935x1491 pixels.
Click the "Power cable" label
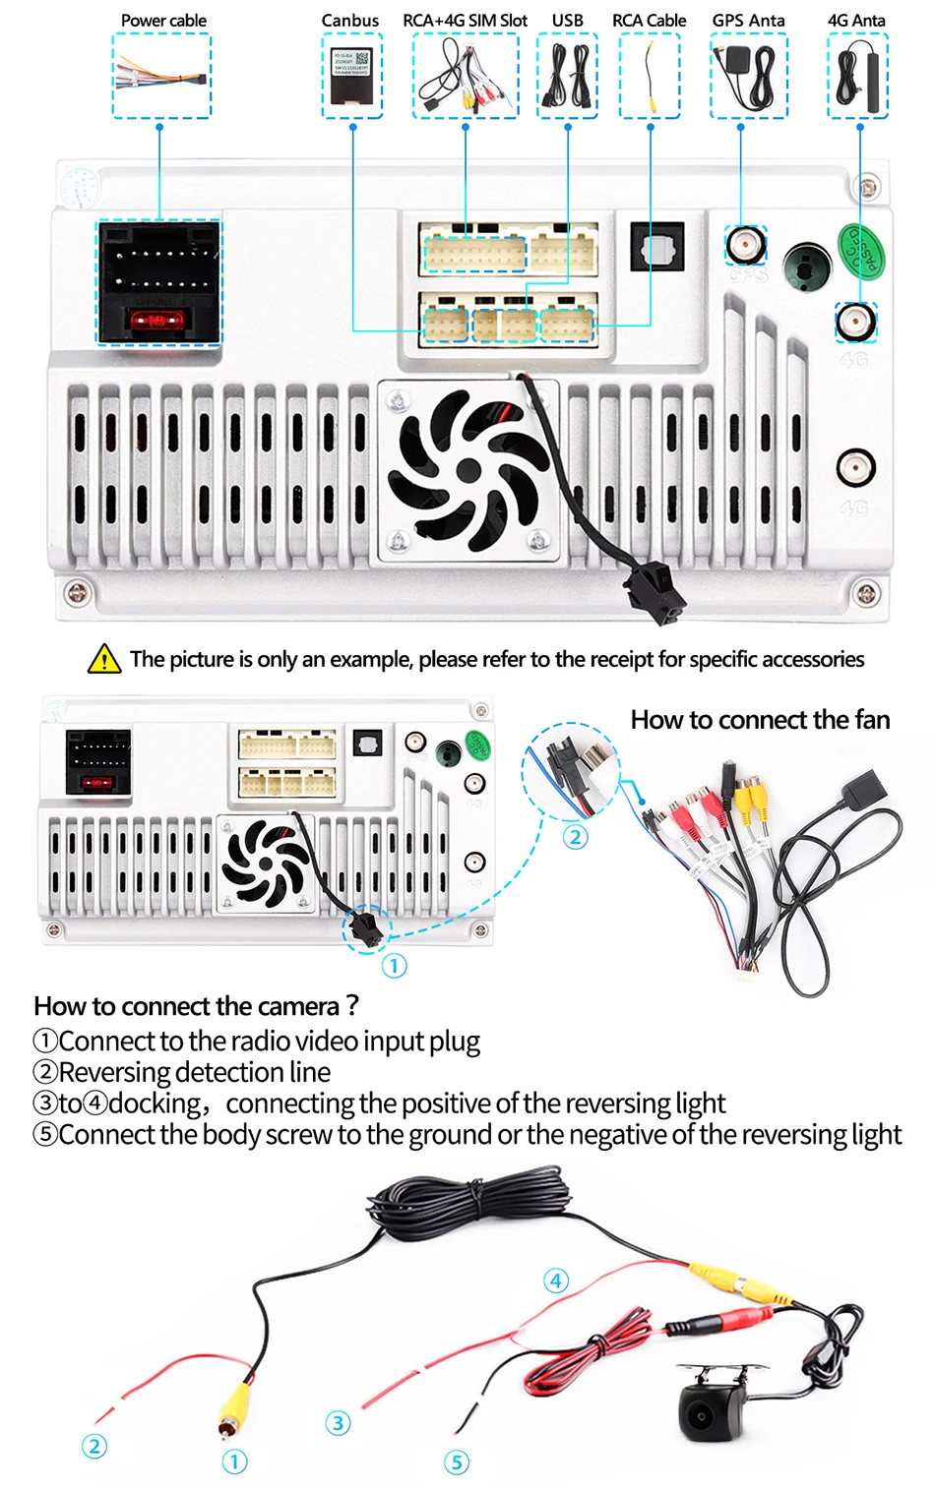click(x=163, y=20)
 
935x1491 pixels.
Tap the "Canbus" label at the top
click(x=349, y=20)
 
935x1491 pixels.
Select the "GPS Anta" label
click(x=748, y=20)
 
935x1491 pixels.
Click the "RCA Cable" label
click(x=649, y=20)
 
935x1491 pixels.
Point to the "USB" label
click(x=567, y=20)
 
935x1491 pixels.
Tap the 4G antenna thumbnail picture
click(x=857, y=76)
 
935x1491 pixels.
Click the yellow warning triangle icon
click(x=104, y=659)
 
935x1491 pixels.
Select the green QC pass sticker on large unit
click(x=860, y=252)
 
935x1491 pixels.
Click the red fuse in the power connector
click(x=158, y=321)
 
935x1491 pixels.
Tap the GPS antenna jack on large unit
click(x=746, y=244)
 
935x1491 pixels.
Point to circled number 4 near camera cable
click(x=556, y=1281)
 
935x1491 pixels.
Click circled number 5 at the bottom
click(x=456, y=1462)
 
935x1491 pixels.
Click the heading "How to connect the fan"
click(x=760, y=720)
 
